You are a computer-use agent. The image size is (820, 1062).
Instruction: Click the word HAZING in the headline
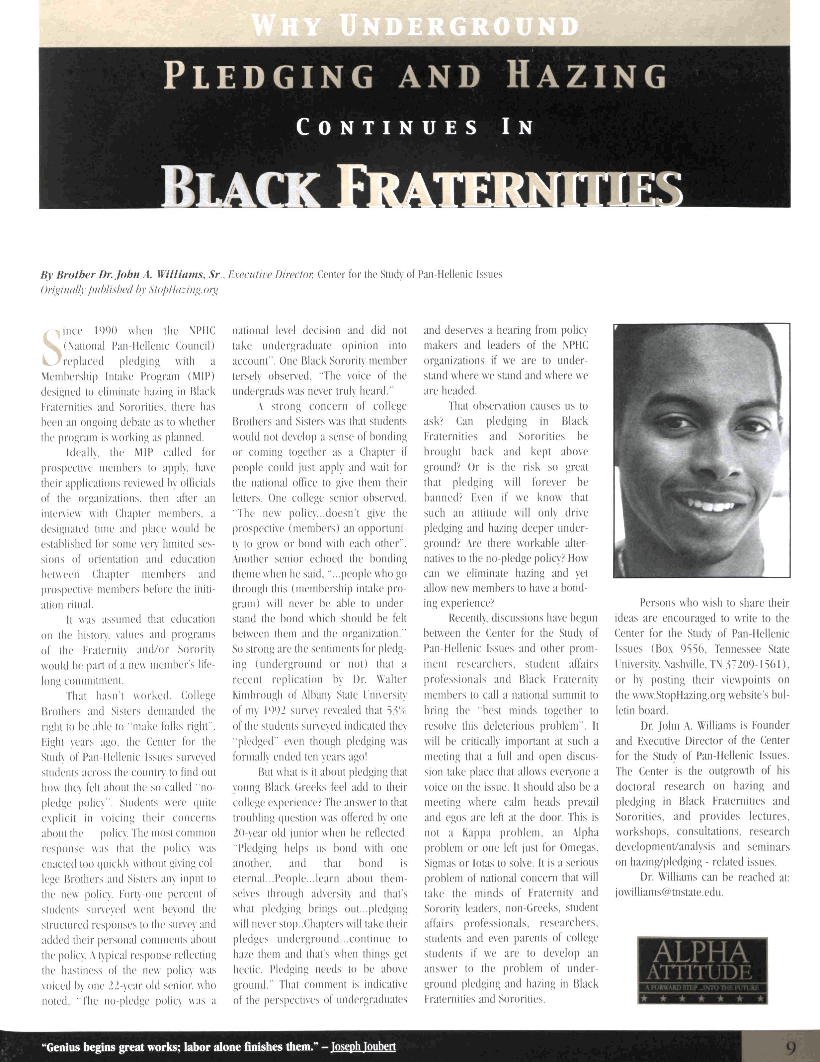tap(586, 77)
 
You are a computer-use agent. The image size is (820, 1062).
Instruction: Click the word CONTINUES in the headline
tap(387, 128)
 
